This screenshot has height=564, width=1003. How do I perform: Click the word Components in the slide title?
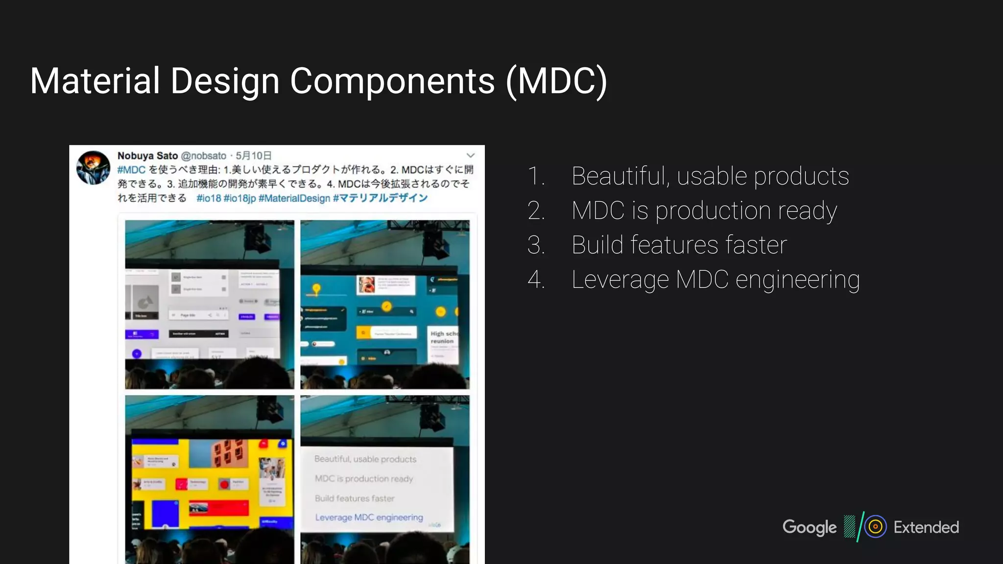(x=392, y=81)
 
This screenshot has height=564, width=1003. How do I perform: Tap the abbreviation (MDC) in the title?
(x=556, y=82)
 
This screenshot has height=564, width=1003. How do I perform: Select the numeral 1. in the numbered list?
(x=536, y=176)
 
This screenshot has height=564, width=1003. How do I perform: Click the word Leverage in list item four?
(x=620, y=280)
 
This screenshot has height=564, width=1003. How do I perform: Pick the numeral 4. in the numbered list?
(x=536, y=280)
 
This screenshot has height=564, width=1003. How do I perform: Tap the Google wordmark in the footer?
(x=809, y=527)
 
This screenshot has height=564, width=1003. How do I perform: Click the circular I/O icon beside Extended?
(x=875, y=527)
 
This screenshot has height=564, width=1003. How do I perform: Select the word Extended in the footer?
(x=926, y=527)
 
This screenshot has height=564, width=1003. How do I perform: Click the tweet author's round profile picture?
(x=93, y=167)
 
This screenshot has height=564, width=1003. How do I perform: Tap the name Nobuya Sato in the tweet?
(x=147, y=156)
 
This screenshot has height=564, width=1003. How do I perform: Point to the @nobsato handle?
(x=203, y=156)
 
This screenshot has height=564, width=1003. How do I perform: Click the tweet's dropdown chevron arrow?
(x=470, y=156)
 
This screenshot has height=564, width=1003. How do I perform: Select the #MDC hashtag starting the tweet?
(x=131, y=170)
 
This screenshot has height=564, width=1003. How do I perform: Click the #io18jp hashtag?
(x=239, y=198)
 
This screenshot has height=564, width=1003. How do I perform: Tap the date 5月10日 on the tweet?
(x=253, y=156)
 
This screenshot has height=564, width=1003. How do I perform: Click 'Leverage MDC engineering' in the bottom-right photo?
(x=369, y=517)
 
